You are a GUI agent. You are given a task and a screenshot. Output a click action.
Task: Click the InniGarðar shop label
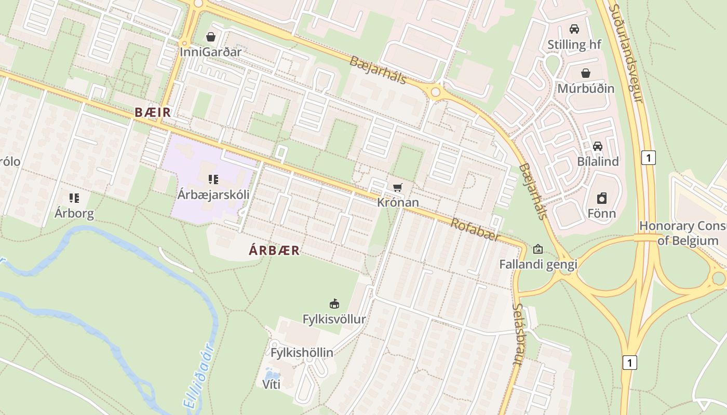pyautogui.click(x=211, y=52)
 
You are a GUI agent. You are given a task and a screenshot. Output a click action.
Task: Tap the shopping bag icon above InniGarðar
pyautogui.click(x=211, y=37)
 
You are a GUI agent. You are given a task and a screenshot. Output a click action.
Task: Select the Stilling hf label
pyautogui.click(x=574, y=45)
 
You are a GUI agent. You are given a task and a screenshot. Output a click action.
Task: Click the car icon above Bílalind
pyautogui.click(x=598, y=146)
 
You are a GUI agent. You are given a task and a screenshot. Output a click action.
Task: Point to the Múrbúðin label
pyautogui.click(x=586, y=88)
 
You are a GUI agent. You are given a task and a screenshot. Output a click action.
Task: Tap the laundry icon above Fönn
pyautogui.click(x=601, y=198)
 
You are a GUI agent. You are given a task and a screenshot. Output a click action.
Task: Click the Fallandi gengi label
pyautogui.click(x=538, y=265)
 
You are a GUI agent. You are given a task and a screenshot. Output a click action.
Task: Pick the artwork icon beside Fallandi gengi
pyautogui.click(x=538, y=250)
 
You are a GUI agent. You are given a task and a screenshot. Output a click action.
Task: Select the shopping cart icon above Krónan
pyautogui.click(x=398, y=187)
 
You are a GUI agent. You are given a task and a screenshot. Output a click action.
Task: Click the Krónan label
pyautogui.click(x=398, y=202)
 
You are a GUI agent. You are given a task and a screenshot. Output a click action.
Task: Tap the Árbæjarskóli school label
pyautogui.click(x=213, y=195)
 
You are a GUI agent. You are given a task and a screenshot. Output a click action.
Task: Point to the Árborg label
pyautogui.click(x=74, y=213)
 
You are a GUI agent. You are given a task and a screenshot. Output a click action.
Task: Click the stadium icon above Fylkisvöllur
pyautogui.click(x=334, y=303)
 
